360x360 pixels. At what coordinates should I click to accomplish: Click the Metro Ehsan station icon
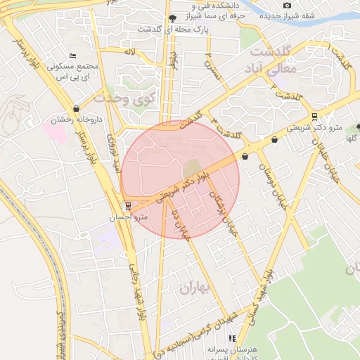[128, 206]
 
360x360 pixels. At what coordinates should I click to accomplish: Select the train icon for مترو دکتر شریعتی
[314, 117]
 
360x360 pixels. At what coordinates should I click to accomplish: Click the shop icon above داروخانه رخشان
[76, 109]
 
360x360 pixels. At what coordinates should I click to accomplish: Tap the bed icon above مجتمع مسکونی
[72, 56]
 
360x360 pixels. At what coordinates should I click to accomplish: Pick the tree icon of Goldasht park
[172, 18]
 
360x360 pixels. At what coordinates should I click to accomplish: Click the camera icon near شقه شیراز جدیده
[287, 6]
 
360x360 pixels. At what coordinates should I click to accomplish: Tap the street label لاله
[129, 53]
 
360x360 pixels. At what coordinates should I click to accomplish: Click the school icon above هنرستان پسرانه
[231, 338]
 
